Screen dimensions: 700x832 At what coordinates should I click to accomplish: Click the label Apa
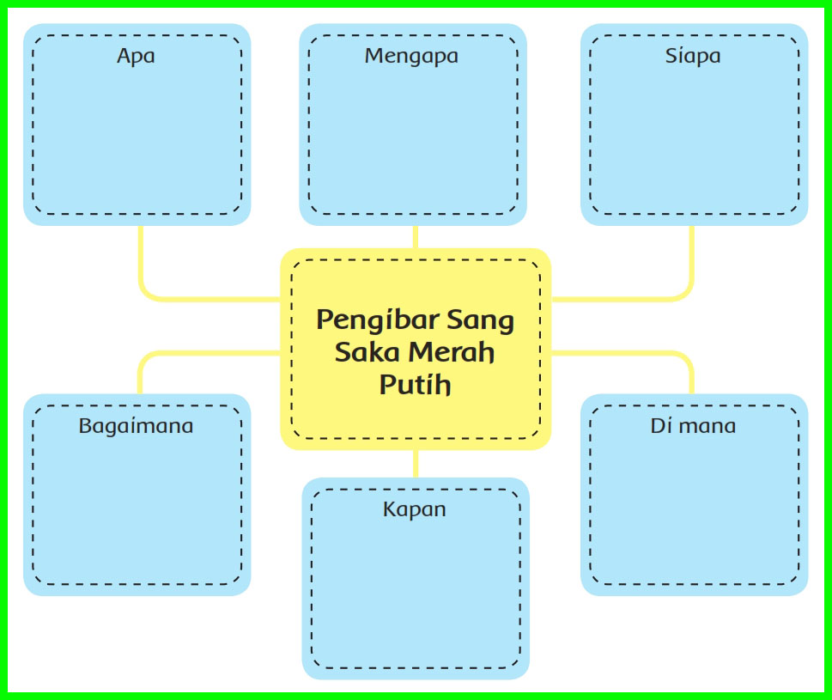[x=136, y=57]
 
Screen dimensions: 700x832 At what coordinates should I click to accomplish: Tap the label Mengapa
[x=411, y=57]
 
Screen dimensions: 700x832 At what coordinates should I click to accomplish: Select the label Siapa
[x=693, y=57]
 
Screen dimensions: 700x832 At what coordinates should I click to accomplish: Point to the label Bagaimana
[x=136, y=426]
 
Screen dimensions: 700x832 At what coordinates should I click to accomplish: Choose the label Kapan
[x=415, y=509]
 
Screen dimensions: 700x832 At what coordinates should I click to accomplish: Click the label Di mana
[x=693, y=426]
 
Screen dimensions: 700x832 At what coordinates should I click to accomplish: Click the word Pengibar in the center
[x=377, y=321]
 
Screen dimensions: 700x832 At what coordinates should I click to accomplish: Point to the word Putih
[x=415, y=384]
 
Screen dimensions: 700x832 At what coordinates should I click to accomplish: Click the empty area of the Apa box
[x=137, y=137]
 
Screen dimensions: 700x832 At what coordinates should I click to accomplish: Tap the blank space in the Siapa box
[x=694, y=137]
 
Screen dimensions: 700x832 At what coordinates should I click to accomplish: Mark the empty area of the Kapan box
[x=416, y=593]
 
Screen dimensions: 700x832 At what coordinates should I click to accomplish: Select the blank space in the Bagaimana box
[x=137, y=507]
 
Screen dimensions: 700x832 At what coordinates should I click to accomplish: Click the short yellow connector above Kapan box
[x=416, y=463]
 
